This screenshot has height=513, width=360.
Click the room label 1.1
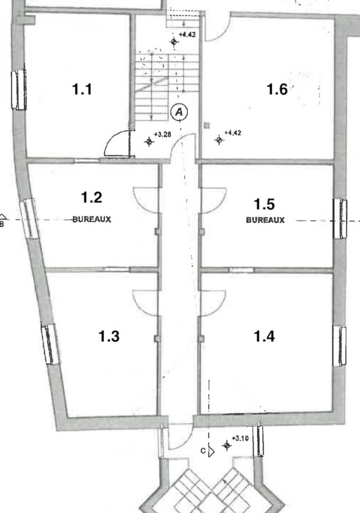[82, 89]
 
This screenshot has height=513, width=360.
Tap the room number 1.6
[277, 89]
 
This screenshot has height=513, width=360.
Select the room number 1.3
[109, 336]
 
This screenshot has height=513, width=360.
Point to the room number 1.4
[264, 336]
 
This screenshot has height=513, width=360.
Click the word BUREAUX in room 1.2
[92, 219]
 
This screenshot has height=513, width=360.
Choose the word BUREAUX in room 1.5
[265, 220]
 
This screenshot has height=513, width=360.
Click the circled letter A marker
[179, 112]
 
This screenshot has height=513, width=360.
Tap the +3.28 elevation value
[163, 134]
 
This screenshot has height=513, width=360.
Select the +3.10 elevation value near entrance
[240, 438]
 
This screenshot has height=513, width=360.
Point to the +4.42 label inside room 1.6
[233, 133]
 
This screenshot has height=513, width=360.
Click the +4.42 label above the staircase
[187, 34]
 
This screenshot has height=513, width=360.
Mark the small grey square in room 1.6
[207, 125]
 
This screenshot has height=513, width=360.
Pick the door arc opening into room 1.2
[141, 203]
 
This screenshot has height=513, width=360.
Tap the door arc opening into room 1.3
[141, 306]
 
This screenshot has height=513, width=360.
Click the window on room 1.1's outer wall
[19, 89]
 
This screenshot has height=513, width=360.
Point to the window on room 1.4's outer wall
[339, 346]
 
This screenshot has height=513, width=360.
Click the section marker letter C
[203, 451]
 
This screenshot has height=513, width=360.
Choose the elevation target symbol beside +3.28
[149, 142]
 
